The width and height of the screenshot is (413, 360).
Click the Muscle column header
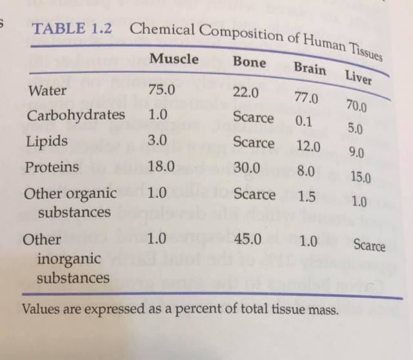coord(174,59)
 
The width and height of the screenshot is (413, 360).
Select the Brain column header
coord(310,68)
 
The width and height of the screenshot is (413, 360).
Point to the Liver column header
coord(358,77)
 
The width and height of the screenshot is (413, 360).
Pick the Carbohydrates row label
coord(76,115)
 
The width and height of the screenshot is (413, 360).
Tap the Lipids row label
coord(46,141)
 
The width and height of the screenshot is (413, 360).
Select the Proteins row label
coord(52,167)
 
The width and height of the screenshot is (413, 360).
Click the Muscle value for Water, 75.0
coord(161,90)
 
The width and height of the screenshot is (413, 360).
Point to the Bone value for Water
coord(246,92)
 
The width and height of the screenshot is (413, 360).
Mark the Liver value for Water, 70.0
coord(356,106)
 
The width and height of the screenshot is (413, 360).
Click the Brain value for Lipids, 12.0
coord(308,146)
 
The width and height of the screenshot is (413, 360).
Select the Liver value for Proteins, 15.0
coord(360,176)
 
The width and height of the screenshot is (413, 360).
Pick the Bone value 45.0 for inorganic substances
coord(248,239)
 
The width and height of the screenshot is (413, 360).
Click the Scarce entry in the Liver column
coord(369,246)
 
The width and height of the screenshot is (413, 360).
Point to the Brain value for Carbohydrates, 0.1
coord(303,121)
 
